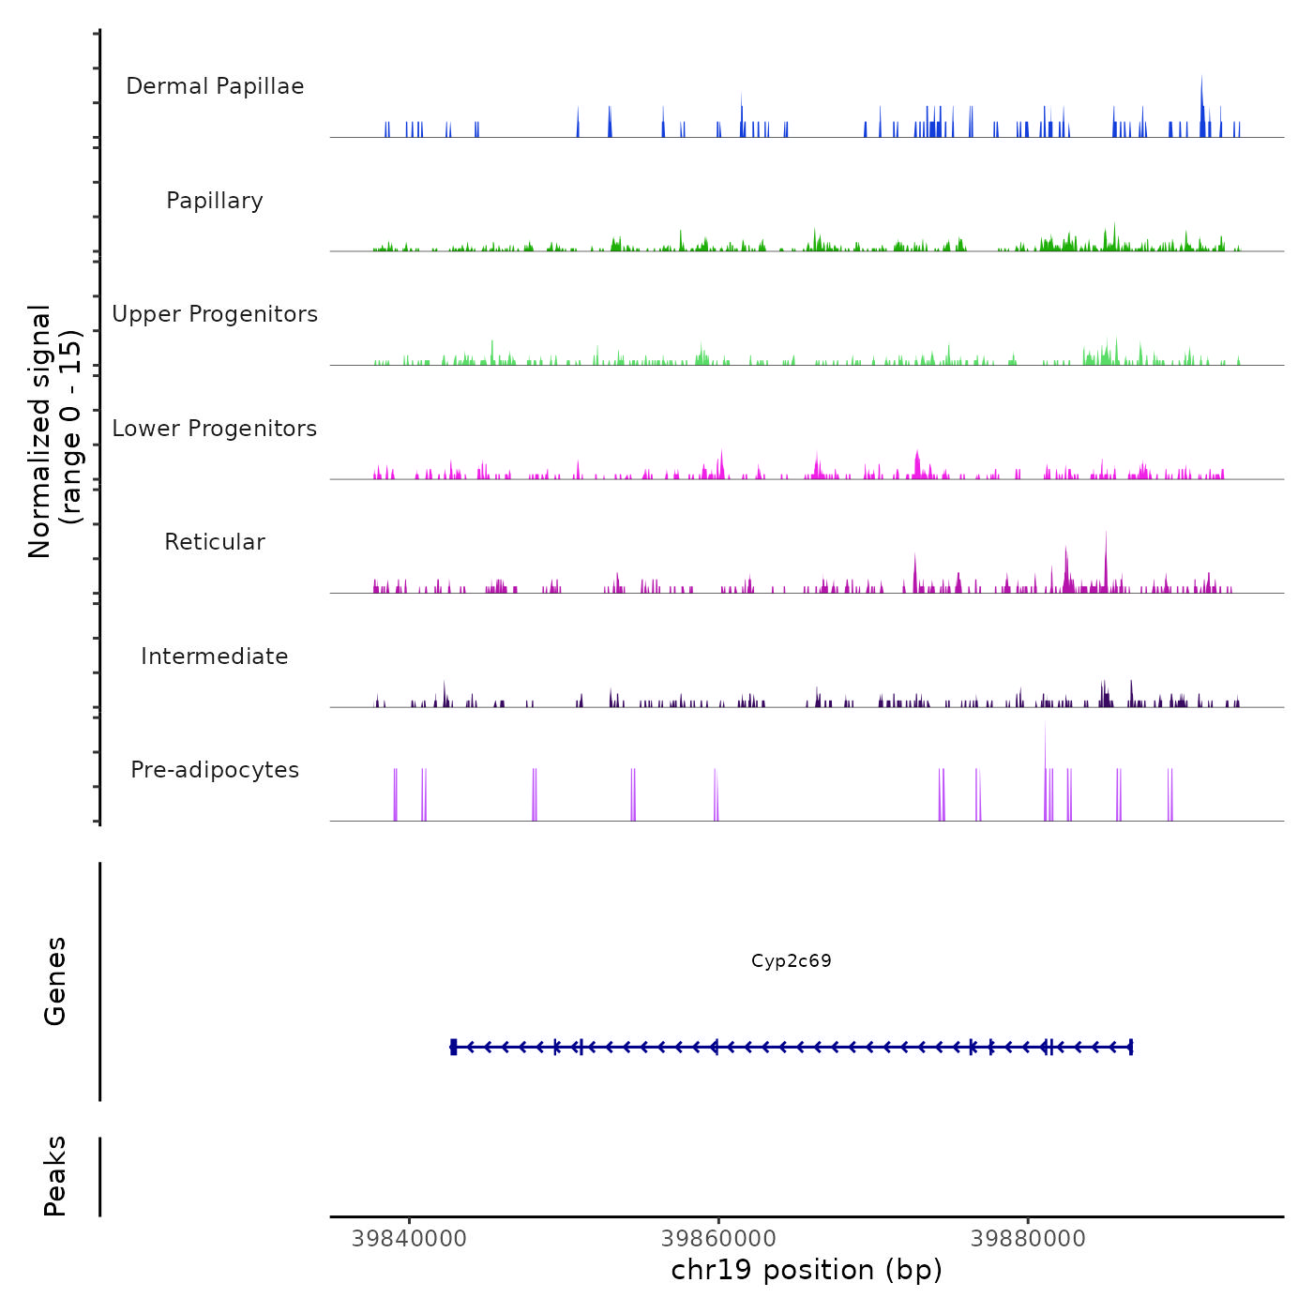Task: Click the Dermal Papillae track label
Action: pos(215,86)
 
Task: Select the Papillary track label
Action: pos(215,201)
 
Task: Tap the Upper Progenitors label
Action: pos(215,314)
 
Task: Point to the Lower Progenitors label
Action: pos(215,429)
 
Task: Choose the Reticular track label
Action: pos(215,542)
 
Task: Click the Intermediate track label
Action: pos(215,656)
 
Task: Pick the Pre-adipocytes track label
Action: pos(215,770)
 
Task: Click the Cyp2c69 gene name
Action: pos(791,960)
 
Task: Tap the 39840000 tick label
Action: pos(409,1239)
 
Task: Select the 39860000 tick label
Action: pos(718,1239)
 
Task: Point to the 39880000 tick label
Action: pos(1028,1239)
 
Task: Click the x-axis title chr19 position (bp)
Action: pos(807,1270)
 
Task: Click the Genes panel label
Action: pos(55,980)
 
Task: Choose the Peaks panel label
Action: pos(55,1176)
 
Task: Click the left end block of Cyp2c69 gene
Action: pos(454,1047)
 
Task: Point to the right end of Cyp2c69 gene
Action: pos(1131,1047)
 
